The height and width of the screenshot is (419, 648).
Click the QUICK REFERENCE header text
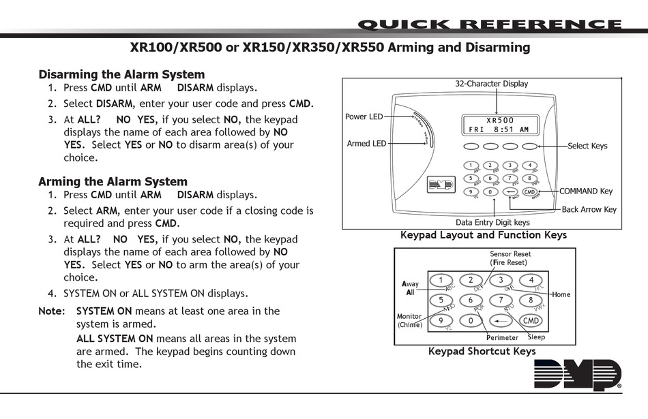coord(490,25)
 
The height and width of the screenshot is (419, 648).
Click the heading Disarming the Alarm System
coord(121,74)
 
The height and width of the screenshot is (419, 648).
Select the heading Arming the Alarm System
coord(113,181)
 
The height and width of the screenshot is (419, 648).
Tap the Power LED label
coord(364,117)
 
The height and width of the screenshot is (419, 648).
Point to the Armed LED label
coord(366,143)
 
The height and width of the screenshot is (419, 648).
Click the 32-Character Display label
coord(491,84)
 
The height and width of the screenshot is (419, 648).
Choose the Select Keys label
coord(587,146)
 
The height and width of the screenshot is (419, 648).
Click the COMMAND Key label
coord(586,191)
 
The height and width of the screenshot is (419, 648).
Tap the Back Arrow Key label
coord(589,209)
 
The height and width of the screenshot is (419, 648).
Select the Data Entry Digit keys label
coord(492,222)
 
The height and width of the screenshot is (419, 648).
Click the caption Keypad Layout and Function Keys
coord(483,235)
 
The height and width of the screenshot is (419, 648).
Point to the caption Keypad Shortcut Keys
coord(482,352)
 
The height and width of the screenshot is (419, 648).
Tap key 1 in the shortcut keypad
coord(441,280)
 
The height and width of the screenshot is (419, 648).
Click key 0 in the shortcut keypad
coord(471,320)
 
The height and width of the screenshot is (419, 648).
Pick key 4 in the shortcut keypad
coord(531,280)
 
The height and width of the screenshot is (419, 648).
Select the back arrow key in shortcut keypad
coord(501,320)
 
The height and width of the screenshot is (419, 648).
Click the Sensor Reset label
coord(510,254)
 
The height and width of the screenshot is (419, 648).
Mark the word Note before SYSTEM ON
coord(51,311)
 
